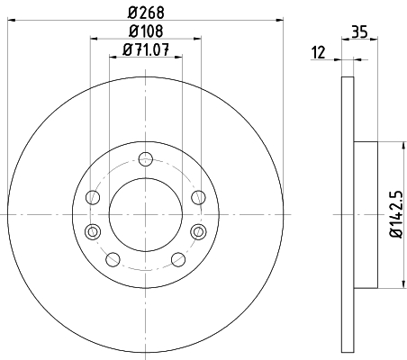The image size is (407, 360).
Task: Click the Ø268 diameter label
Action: pyautogui.click(x=146, y=12)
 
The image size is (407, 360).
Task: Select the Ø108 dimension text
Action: pyautogui.click(x=146, y=31)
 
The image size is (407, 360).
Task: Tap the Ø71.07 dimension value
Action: pyautogui.click(x=146, y=49)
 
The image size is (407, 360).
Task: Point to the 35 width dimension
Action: pyautogui.click(x=359, y=31)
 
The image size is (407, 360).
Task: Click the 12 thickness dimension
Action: pyautogui.click(x=319, y=52)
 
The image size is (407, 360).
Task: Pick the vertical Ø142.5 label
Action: pyautogui.click(x=396, y=214)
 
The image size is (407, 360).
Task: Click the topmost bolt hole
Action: pyautogui.click(x=146, y=159)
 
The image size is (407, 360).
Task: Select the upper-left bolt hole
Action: pyautogui.click(x=93, y=197)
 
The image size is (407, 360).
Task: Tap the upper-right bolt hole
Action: pyautogui.click(x=199, y=197)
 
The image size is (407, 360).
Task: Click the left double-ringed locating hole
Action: pyautogui.click(x=93, y=231)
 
